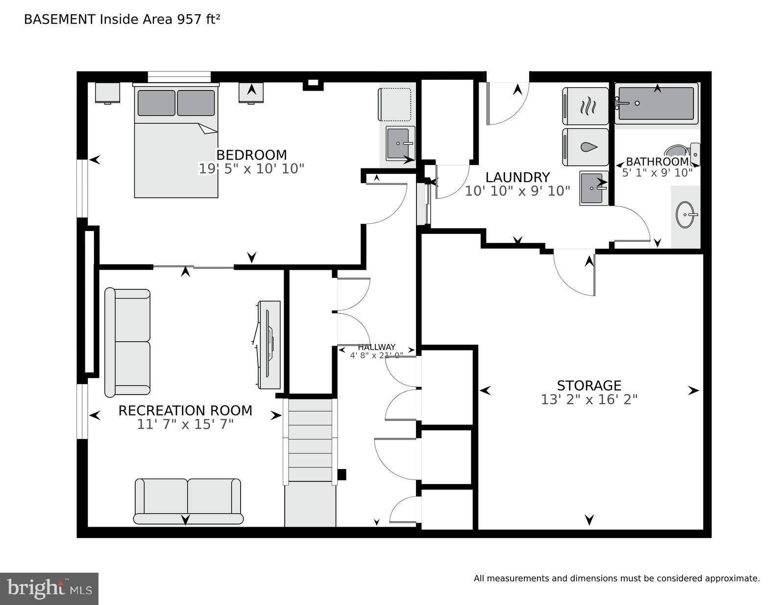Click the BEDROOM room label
251,155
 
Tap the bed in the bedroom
176,142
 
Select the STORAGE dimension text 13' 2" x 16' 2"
589,400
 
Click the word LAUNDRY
517,177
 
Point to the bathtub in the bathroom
656,103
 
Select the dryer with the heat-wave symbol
586,106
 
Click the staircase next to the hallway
310,441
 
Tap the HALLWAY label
376,347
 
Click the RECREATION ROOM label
185,410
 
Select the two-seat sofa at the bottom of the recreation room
188,501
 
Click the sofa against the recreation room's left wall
127,342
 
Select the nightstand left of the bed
107,93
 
